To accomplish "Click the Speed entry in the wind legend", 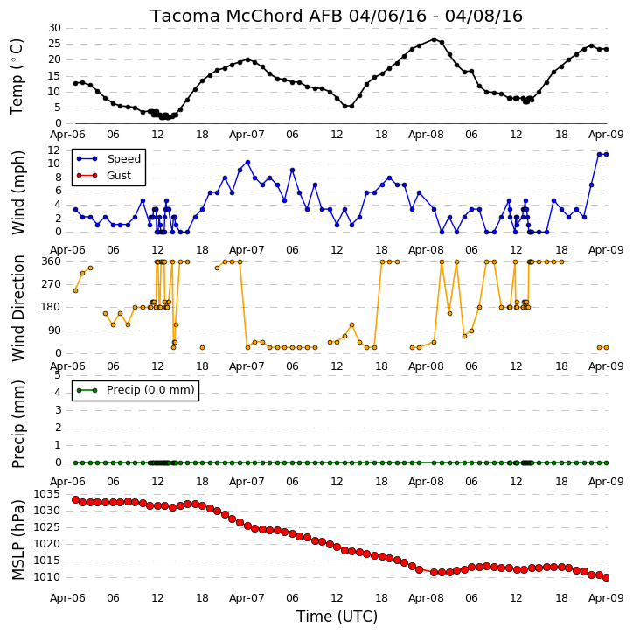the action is (x=123, y=159).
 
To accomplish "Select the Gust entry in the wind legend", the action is (x=118, y=176).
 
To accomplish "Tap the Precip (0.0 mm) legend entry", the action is (x=150, y=390).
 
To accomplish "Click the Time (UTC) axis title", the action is (x=337, y=617).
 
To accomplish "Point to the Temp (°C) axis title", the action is (x=17, y=77).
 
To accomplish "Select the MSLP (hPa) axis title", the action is (x=18, y=540).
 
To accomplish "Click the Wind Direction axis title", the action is (x=18, y=308).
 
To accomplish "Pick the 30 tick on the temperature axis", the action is (x=54, y=28).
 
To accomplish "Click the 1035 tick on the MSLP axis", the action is (x=46, y=494).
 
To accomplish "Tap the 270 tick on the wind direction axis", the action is (x=52, y=284).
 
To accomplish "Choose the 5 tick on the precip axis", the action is (x=58, y=375).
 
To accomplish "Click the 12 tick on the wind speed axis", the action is (x=53, y=150).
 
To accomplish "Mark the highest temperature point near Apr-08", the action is (x=435, y=39).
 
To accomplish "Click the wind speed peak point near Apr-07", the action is (x=247, y=162).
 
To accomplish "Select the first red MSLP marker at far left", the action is (x=75, y=499).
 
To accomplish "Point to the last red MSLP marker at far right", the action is (x=606, y=577).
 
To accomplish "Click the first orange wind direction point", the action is (x=75, y=290).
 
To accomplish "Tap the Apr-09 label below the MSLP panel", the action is (x=606, y=597).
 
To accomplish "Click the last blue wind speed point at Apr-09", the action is (x=606, y=155).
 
